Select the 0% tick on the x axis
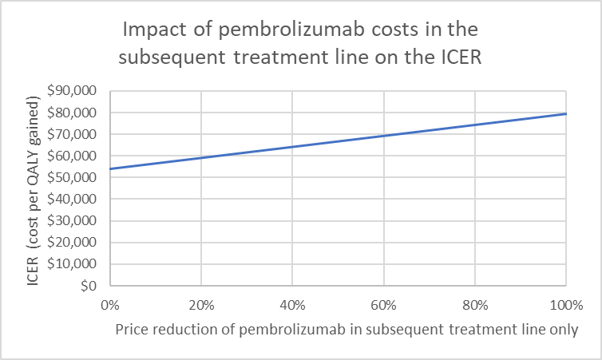tap(109, 304)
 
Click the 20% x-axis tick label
tap(200, 304)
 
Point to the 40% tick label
tap(292, 304)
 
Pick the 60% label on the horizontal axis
tap(383, 304)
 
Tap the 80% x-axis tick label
tap(475, 304)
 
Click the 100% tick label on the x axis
tap(565, 304)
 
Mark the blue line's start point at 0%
tap(109, 168)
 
